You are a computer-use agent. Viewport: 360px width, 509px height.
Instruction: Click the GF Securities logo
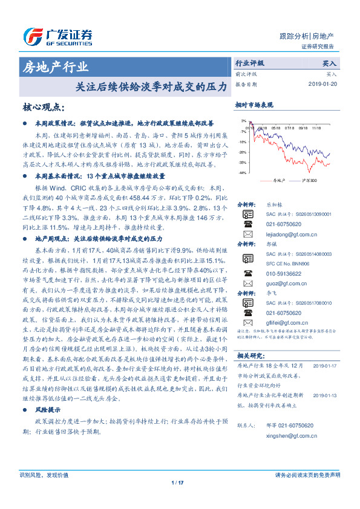click(x=57, y=36)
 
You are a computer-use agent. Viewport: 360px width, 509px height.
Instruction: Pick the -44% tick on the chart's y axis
click(x=242, y=173)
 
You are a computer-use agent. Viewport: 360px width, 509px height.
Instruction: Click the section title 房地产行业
click(x=55, y=66)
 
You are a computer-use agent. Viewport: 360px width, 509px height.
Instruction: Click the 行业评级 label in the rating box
click(x=249, y=63)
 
